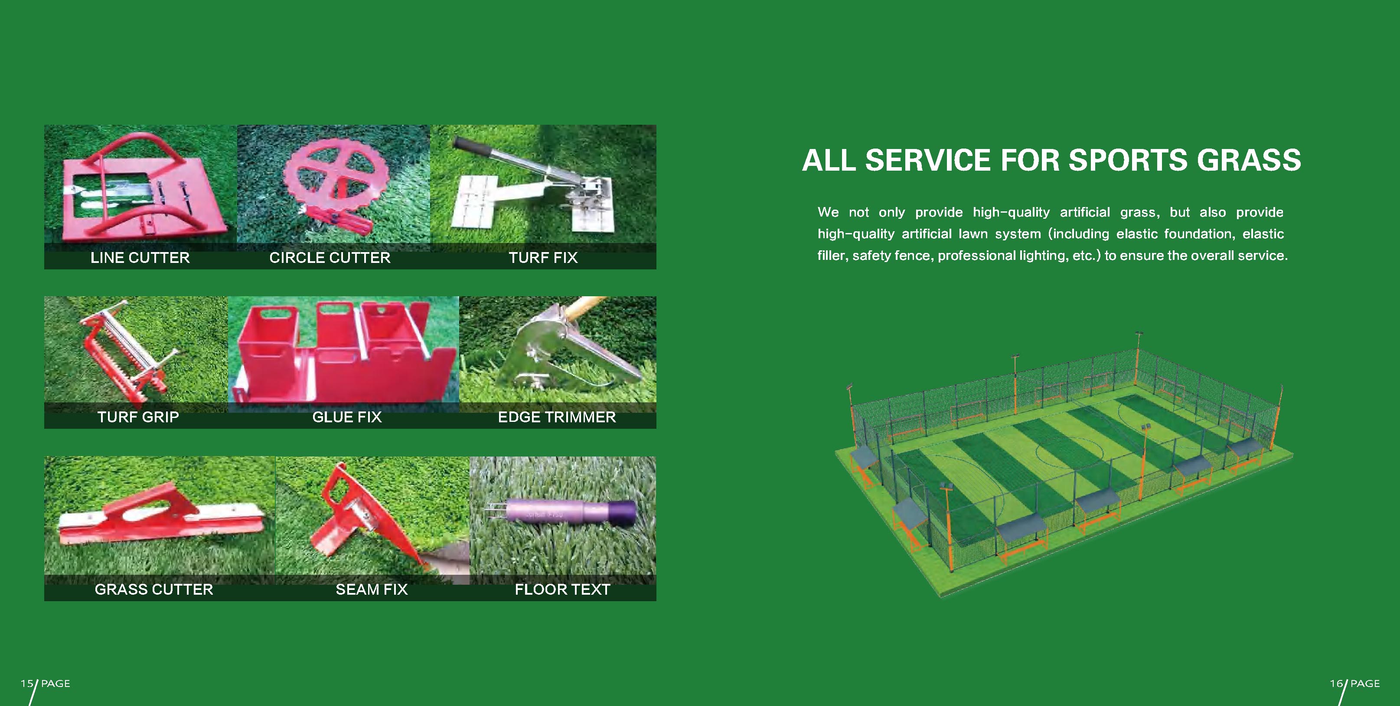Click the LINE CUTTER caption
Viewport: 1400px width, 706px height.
click(140, 257)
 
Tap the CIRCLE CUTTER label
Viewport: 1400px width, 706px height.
click(330, 257)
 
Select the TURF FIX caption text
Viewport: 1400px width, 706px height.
click(543, 257)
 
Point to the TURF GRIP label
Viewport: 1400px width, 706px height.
click(138, 417)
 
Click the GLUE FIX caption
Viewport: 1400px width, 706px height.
click(347, 417)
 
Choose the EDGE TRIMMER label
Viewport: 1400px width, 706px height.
click(557, 417)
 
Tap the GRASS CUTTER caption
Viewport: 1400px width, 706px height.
click(154, 589)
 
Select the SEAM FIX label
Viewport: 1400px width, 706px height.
click(372, 589)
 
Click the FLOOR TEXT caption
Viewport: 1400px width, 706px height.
click(562, 589)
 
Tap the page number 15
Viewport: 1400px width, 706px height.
click(26, 683)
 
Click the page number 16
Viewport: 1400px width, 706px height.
click(1336, 683)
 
